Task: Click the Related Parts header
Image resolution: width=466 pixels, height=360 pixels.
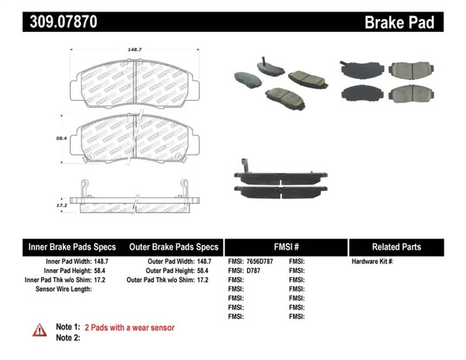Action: tap(396, 247)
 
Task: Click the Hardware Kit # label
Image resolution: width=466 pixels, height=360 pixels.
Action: tap(372, 262)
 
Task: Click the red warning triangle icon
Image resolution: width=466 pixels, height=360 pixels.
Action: tap(40, 331)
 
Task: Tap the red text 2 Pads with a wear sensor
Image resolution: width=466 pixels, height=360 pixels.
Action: tap(129, 327)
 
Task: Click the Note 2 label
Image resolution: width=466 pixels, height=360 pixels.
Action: tap(68, 337)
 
